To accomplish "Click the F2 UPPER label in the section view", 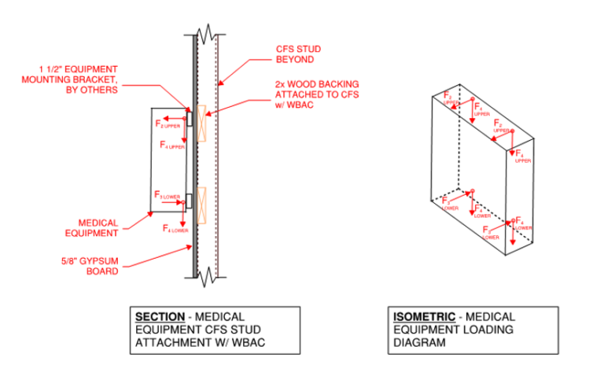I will point(168,124).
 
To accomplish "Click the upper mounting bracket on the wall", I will point(190,119).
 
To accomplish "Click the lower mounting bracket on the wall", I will point(190,202).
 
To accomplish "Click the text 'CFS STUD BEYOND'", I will point(298,53).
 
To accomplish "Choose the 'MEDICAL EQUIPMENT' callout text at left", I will point(98,227).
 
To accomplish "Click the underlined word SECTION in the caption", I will point(162,316).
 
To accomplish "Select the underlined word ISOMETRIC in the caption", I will point(423,316).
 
